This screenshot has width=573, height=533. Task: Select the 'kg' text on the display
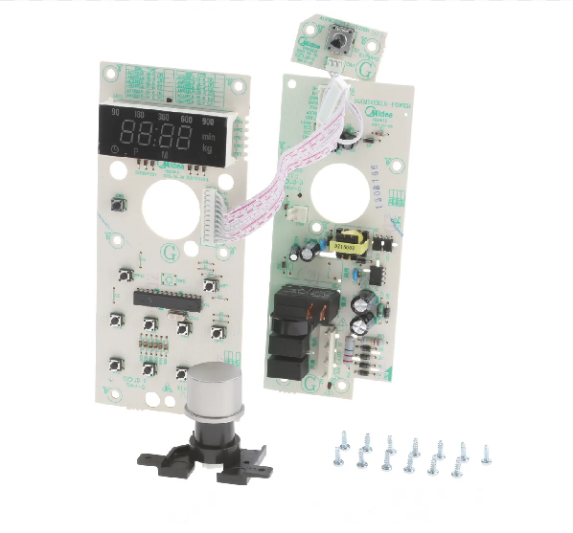click(x=208, y=148)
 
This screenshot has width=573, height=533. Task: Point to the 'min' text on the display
click(x=208, y=135)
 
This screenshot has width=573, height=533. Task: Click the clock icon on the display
click(x=114, y=151)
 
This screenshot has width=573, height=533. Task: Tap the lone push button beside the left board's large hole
click(x=121, y=205)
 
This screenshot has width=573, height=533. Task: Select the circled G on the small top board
click(x=364, y=68)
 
